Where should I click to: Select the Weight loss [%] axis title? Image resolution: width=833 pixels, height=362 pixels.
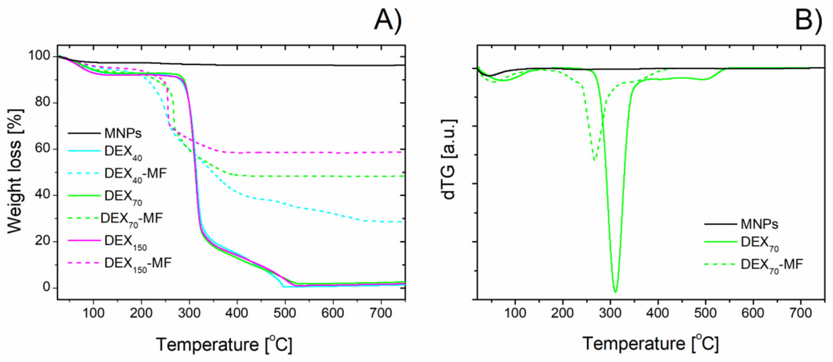[x=15, y=171]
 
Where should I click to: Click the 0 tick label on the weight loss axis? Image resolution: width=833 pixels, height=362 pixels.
[x=47, y=287]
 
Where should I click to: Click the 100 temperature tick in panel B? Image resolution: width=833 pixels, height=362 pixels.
[x=515, y=313]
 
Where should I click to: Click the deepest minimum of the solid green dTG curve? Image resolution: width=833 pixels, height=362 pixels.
[x=615, y=292]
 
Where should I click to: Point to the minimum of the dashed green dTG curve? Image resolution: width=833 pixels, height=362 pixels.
[x=594, y=160]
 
